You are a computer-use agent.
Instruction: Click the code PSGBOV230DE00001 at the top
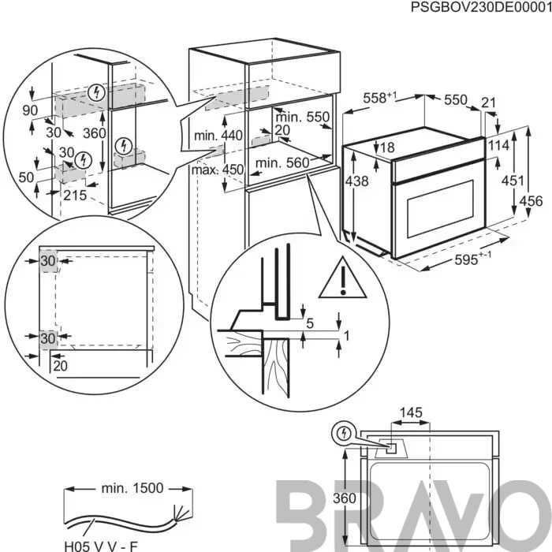(480, 7)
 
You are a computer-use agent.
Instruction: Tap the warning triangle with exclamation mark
(343, 278)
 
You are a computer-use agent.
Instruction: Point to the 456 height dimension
(531, 200)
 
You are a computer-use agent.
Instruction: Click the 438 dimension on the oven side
(356, 181)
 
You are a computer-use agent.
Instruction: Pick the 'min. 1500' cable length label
(132, 488)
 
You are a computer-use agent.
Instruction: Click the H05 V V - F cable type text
(101, 546)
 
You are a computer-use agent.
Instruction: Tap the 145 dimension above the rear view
(411, 412)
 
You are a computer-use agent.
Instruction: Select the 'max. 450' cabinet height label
(218, 170)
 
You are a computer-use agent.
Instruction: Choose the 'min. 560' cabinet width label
(282, 163)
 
